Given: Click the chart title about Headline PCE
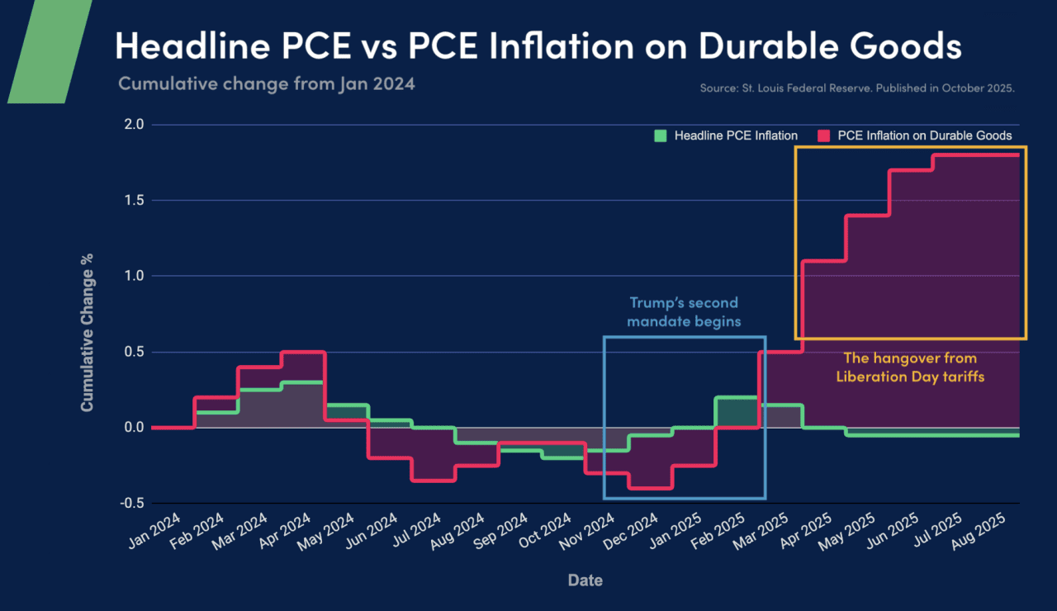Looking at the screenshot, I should tap(538, 45).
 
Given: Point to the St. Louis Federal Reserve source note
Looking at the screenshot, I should tap(856, 87).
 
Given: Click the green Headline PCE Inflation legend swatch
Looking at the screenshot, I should tap(660, 135).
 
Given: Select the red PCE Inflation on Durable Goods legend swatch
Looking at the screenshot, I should tap(823, 135).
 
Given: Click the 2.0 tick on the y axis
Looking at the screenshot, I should tap(134, 125).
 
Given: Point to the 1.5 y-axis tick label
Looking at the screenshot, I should tap(134, 200).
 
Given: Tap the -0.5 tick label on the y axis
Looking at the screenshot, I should tap(132, 503).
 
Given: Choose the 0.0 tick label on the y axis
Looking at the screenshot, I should tap(134, 427).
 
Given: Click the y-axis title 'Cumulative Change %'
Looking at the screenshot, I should tap(88, 334).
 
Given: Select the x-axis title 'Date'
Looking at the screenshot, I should tap(585, 580).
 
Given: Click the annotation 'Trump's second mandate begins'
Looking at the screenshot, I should tap(683, 311).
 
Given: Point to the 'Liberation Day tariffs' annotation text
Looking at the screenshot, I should tap(909, 377).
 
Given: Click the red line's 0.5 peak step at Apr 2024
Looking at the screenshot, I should tap(303, 352).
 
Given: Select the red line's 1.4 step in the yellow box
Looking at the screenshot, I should tap(867, 215).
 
